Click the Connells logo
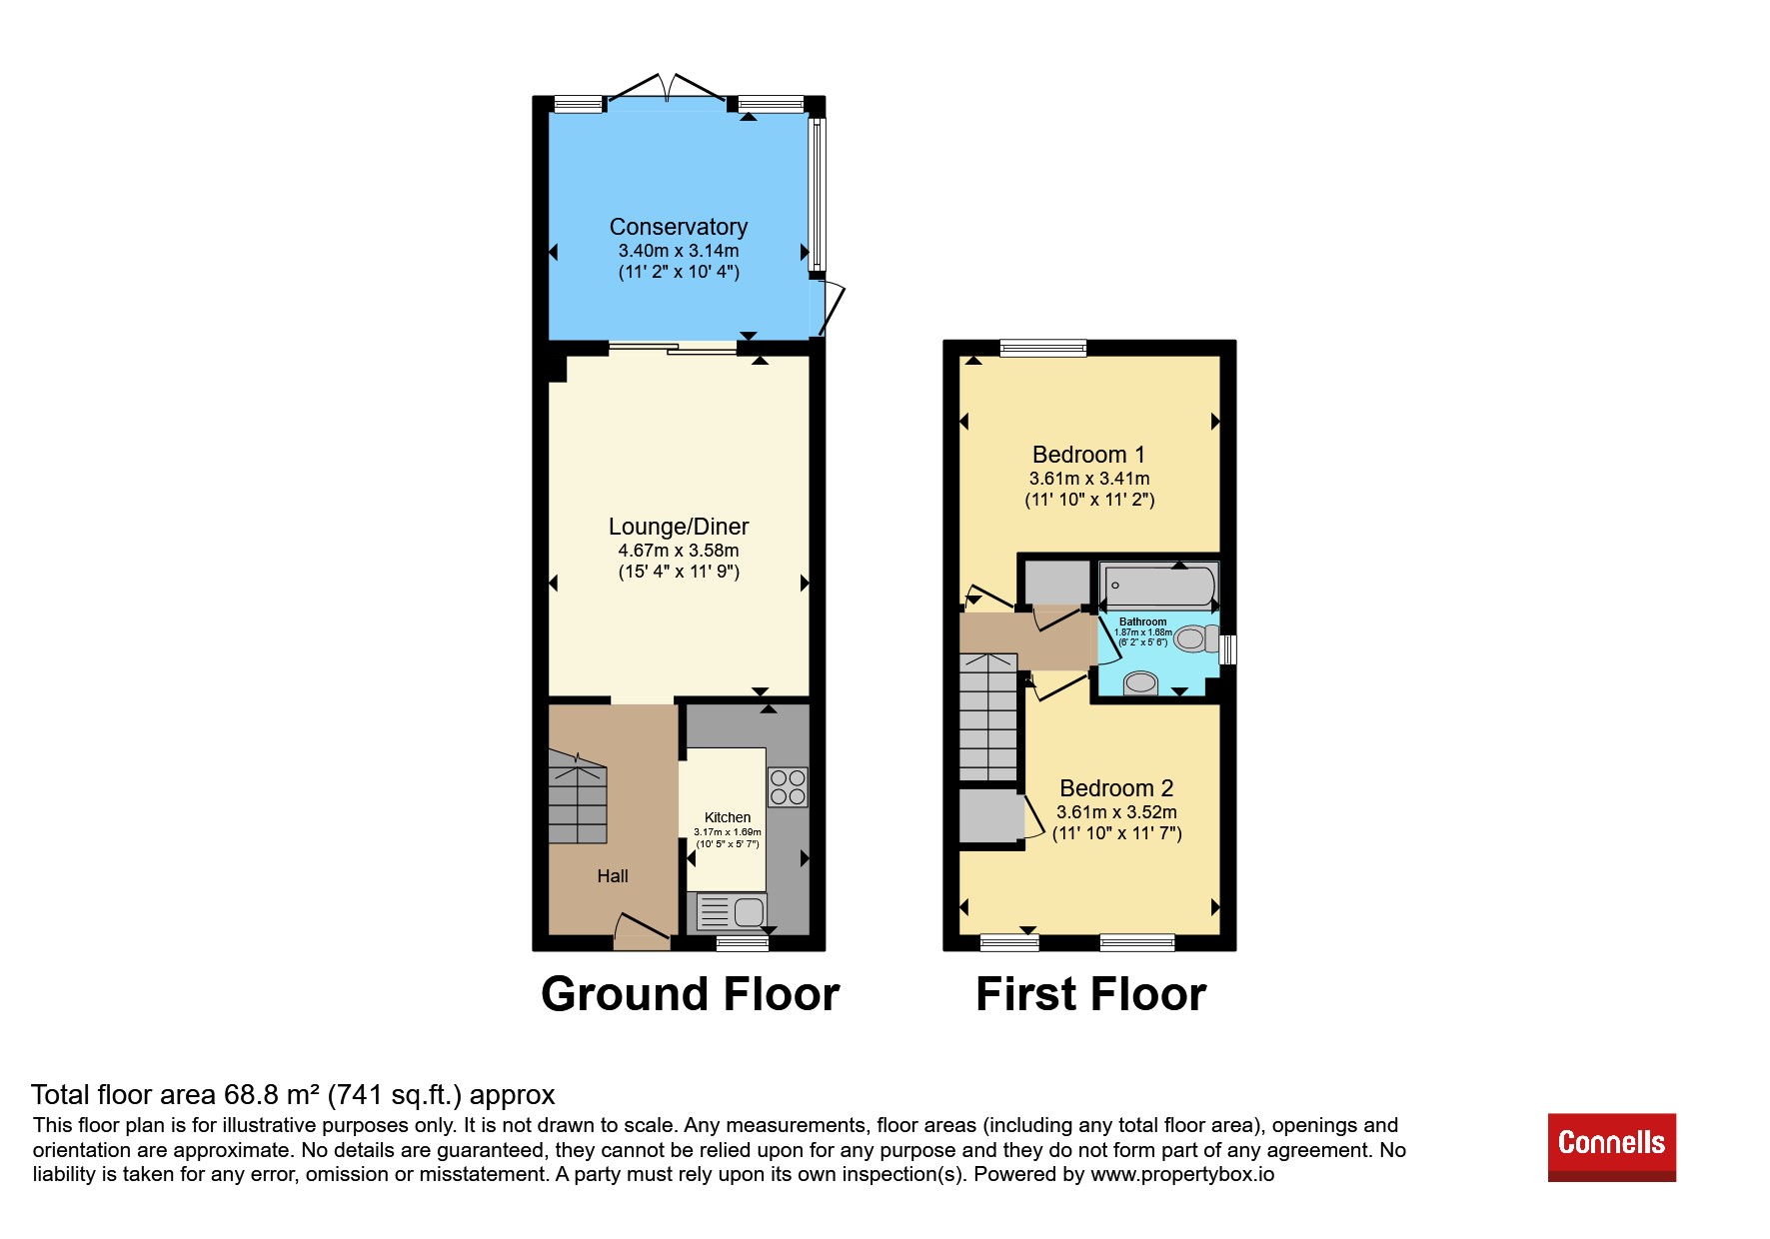[x=1611, y=1147]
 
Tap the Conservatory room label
[x=679, y=227]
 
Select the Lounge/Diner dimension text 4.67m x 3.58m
[x=679, y=551]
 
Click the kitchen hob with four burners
[x=788, y=786]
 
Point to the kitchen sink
[x=732, y=911]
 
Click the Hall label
[x=613, y=876]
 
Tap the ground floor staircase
[x=578, y=797]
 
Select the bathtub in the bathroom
[x=1159, y=586]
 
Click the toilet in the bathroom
[x=1196, y=637]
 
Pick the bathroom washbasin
[x=1140, y=683]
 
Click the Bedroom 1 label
[x=1089, y=455]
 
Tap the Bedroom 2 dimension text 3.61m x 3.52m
[x=1116, y=812]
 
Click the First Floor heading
[x=1091, y=994]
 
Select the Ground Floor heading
[x=691, y=994]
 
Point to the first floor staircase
[x=988, y=716]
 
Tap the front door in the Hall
[x=642, y=931]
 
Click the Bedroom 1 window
[x=1042, y=348]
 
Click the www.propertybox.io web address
[x=1182, y=1174]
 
